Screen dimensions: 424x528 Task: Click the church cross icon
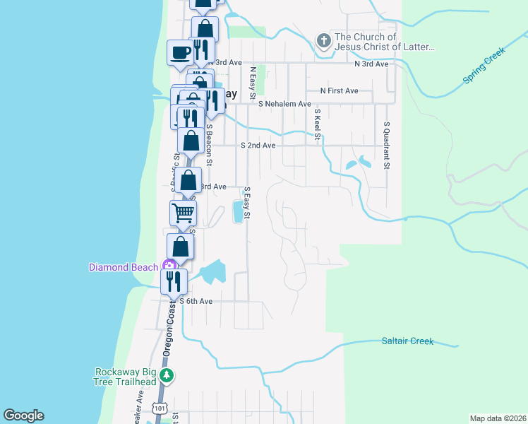pos(324,41)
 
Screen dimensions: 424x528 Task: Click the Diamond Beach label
pos(124,267)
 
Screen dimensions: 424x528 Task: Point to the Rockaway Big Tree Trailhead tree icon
pos(167,375)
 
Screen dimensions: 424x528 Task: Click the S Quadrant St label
pos(387,145)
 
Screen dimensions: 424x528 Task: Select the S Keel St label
pos(318,124)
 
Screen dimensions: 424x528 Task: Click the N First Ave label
pos(339,90)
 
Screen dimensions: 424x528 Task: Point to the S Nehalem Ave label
pos(284,104)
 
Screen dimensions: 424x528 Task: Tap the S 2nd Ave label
pos(258,146)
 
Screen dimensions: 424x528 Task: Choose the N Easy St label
pos(252,83)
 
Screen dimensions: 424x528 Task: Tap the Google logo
pos(23,416)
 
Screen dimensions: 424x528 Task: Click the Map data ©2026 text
pos(498,418)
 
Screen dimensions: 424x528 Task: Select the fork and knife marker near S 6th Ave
pos(174,281)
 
